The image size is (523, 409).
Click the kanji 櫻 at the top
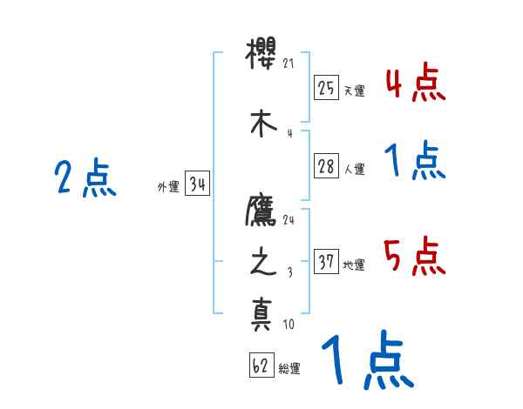coord(262,63)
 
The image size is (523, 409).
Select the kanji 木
coord(262,124)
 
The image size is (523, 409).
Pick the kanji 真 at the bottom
coord(262,313)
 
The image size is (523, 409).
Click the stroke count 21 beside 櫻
coord(290,63)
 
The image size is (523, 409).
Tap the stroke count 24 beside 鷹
coord(289,219)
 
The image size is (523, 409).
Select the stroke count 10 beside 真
coord(289,325)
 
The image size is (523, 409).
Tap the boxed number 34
coord(197,184)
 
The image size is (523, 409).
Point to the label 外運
coord(168,186)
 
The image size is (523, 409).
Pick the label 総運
coord(289,369)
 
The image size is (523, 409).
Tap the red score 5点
coord(415,258)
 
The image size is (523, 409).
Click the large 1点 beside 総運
coord(366,360)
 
